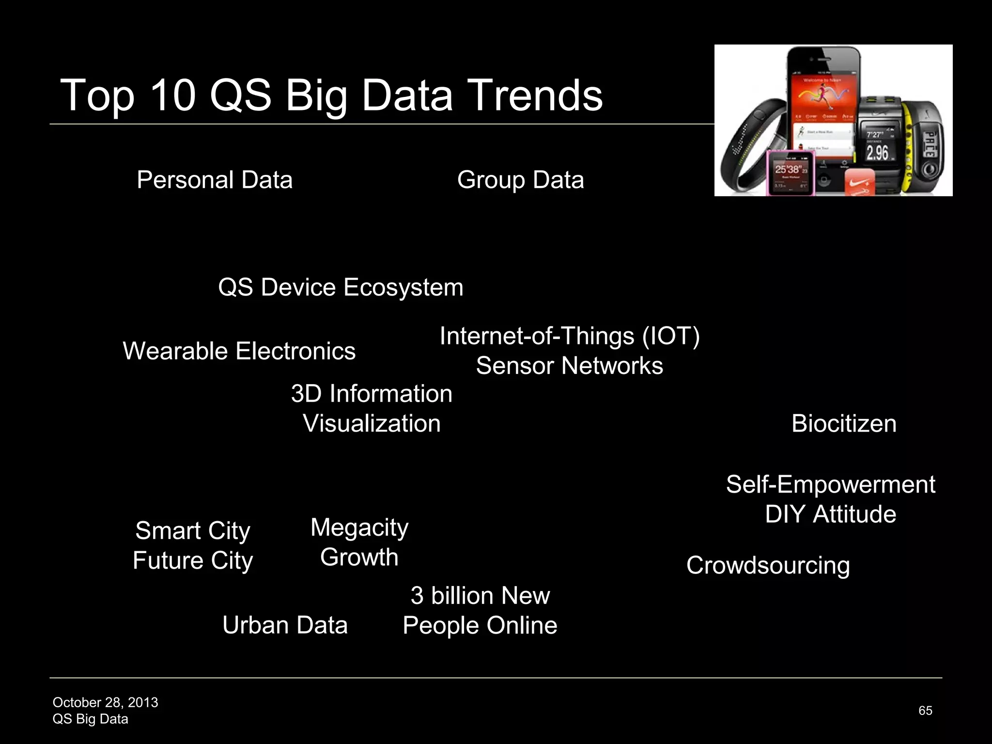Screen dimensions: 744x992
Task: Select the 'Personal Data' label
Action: point(215,180)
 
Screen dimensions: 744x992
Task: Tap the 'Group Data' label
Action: point(520,180)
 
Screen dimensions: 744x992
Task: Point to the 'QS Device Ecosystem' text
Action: point(341,287)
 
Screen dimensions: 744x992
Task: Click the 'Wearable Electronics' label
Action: point(239,351)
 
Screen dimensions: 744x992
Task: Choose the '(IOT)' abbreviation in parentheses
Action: point(671,336)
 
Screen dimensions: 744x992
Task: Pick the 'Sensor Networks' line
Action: point(569,366)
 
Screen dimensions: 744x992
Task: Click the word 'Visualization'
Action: point(372,423)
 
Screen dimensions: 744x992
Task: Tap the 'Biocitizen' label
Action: point(844,424)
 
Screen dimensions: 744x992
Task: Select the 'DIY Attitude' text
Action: point(830,514)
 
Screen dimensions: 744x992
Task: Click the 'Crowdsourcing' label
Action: point(768,565)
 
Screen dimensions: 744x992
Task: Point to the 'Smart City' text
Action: point(193,531)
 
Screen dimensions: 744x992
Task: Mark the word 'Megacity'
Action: point(359,527)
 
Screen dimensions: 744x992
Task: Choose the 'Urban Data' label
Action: point(285,625)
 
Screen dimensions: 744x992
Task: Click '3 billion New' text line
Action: point(480,596)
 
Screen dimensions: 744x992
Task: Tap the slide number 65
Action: point(925,711)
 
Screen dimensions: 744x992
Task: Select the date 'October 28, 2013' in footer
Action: point(105,702)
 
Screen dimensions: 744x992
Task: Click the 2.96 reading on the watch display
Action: point(877,153)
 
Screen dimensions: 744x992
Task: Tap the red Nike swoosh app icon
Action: point(860,183)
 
